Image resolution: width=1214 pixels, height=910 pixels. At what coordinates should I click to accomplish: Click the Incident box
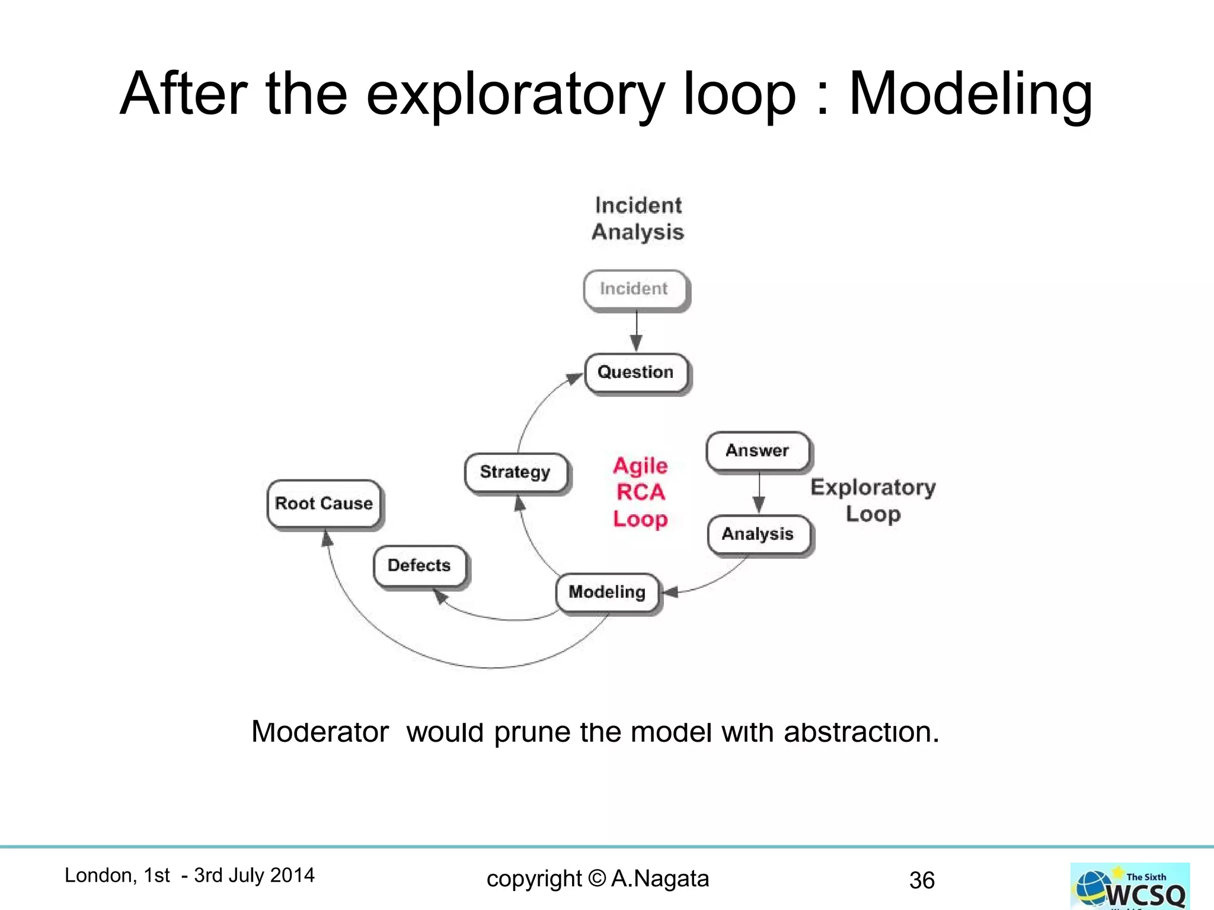[x=635, y=289]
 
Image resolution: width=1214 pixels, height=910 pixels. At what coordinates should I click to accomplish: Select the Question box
[x=636, y=373]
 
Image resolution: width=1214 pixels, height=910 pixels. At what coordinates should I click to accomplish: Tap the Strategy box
[x=515, y=472]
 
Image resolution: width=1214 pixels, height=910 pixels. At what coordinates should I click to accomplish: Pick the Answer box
[x=758, y=451]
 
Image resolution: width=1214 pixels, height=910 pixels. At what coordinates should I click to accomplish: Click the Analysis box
[x=758, y=534]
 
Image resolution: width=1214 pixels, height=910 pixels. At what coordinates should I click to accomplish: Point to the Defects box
[x=419, y=566]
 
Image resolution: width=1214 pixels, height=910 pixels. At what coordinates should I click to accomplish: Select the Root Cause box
[x=324, y=504]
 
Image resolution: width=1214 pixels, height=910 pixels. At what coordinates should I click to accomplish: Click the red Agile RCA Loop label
[x=640, y=492]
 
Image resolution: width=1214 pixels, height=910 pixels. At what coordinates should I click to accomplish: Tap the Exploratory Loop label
[x=873, y=500]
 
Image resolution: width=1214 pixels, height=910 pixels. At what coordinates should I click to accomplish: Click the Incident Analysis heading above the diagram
[x=638, y=219]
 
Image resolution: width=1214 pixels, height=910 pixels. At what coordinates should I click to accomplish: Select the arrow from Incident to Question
[x=637, y=331]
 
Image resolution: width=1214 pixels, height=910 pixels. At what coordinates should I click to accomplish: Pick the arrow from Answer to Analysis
[x=759, y=492]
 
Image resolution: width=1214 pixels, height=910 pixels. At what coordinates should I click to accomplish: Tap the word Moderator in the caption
[x=320, y=732]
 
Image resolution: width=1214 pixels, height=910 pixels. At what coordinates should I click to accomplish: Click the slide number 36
[x=922, y=880]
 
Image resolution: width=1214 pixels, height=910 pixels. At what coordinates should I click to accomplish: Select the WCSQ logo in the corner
[x=1130, y=886]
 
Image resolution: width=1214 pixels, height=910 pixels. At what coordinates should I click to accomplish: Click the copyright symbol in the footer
[x=598, y=879]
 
